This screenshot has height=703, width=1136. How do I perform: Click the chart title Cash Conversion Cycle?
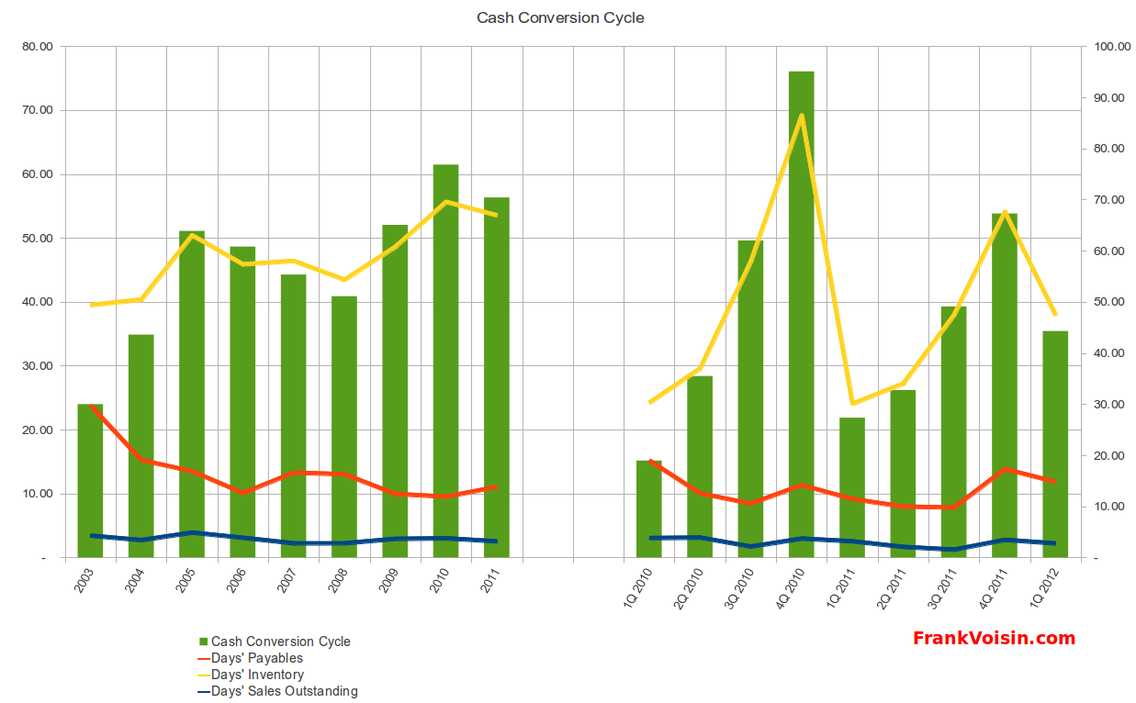click(x=560, y=17)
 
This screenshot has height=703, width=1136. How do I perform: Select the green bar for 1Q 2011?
click(x=852, y=487)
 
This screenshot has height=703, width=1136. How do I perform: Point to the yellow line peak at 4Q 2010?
click(x=801, y=116)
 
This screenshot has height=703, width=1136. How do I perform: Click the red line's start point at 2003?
click(x=91, y=406)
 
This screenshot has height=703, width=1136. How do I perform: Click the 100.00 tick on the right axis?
click(x=1108, y=46)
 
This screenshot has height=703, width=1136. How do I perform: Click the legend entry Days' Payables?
click(x=256, y=658)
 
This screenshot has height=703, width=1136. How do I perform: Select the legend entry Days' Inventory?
click(x=257, y=675)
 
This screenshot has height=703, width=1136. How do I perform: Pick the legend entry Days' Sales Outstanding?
click(x=284, y=691)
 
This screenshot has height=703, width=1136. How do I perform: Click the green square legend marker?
click(x=203, y=642)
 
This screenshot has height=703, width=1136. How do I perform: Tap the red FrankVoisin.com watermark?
click(x=994, y=638)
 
